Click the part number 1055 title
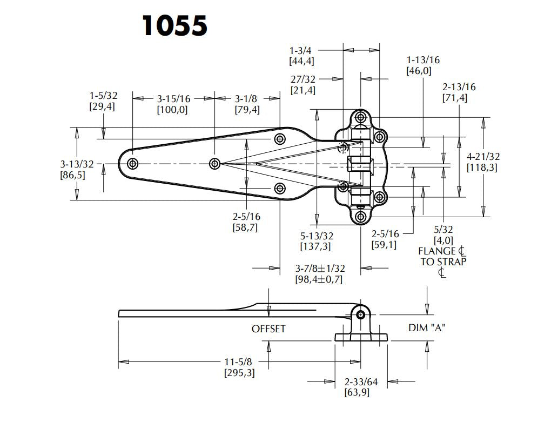click(174, 25)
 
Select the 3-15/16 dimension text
click(173, 99)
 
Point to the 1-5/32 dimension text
click(103, 96)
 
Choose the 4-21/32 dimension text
click(483, 157)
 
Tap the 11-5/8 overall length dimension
click(239, 362)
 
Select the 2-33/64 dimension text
click(361, 382)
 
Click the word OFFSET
click(268, 329)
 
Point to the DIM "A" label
click(427, 328)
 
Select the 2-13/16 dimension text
click(459, 87)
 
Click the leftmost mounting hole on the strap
click(132, 163)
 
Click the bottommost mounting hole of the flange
click(360, 217)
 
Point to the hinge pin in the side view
click(360, 314)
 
